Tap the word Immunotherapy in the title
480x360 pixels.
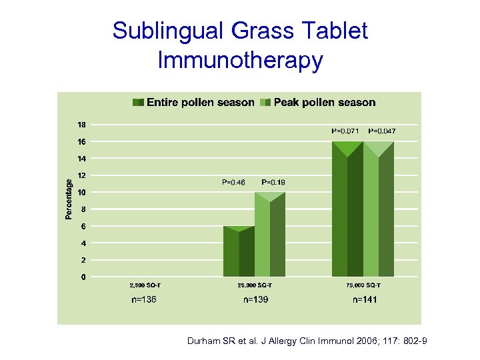click(x=240, y=60)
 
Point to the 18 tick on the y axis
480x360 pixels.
click(x=81, y=125)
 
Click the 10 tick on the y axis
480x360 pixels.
click(x=81, y=193)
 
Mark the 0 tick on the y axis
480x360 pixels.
click(x=83, y=277)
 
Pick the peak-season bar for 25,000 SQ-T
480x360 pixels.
click(x=269, y=237)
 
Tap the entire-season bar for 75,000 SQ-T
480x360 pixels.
click(x=347, y=213)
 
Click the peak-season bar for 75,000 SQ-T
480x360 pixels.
click(x=378, y=213)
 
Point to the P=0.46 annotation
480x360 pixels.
click(x=233, y=182)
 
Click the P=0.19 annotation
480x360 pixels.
click(x=273, y=182)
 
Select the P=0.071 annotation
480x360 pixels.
click(x=345, y=131)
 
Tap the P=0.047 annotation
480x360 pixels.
click(x=382, y=131)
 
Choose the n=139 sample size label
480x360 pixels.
click(x=255, y=300)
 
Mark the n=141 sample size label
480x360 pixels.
click(x=365, y=300)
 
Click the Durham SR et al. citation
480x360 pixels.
click(x=307, y=341)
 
